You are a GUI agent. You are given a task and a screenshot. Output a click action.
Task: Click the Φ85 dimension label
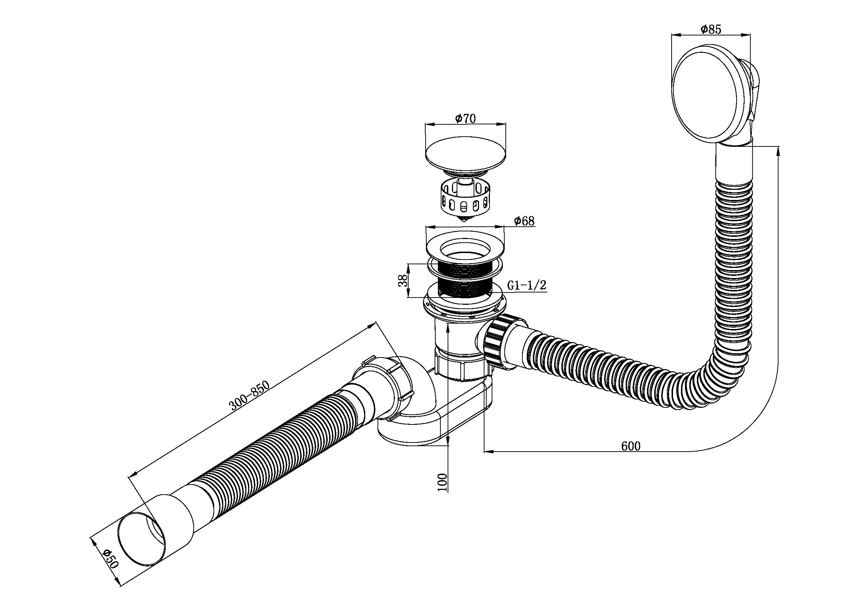(x=711, y=29)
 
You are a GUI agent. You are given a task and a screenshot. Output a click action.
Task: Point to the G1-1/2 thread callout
(x=527, y=285)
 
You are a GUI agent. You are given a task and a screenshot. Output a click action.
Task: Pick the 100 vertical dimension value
(x=443, y=482)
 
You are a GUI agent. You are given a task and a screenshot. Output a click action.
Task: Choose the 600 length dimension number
(x=631, y=446)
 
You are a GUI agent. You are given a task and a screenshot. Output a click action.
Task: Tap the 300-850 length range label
(x=250, y=395)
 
